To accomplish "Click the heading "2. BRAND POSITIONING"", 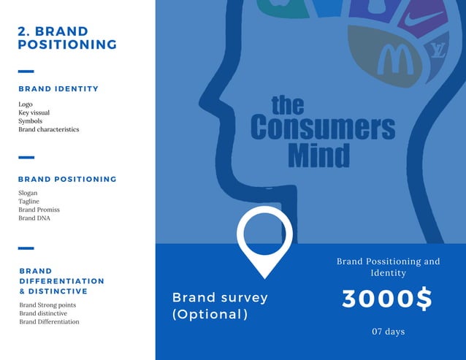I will [67, 38].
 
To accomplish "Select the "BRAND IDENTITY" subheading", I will [58, 89].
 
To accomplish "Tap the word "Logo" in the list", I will [26, 104].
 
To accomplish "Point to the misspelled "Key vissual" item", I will [36, 113].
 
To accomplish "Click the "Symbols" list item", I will [31, 121].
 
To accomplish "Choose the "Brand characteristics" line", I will [49, 129].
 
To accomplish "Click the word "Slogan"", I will [28, 193].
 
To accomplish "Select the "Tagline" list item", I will [29, 202].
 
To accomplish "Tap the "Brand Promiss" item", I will [39, 210].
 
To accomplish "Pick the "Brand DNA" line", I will [34, 218].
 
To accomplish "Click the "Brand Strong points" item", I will [47, 305].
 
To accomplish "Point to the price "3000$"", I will [387, 299].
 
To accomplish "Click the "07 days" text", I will [388, 332].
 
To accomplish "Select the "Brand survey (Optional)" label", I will [220, 306].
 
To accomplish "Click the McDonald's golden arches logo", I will [395, 59].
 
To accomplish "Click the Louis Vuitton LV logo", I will [437, 50].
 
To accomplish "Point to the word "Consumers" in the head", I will [322, 129].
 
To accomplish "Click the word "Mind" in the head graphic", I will [318, 155].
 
